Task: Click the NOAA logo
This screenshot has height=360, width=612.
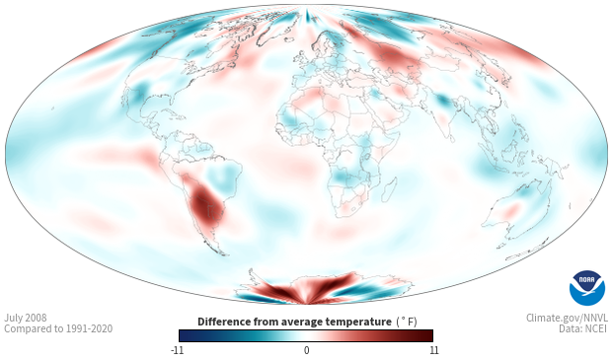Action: (587, 288)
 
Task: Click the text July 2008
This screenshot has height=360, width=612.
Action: (26, 318)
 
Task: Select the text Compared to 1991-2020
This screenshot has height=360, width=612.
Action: (58, 328)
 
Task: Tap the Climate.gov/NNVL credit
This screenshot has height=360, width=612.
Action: (567, 318)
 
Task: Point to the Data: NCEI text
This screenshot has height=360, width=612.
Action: (583, 328)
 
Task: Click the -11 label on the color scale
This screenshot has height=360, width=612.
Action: (178, 350)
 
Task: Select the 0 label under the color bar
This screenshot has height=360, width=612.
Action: (306, 350)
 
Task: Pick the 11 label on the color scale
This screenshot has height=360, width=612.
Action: (433, 350)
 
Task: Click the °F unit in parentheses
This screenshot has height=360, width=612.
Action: (407, 322)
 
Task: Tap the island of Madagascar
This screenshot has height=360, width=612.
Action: (389, 189)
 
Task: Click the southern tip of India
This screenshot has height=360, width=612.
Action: (451, 141)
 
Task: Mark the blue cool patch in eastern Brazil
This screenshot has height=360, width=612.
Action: (223, 177)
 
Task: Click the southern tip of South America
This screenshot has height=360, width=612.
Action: (223, 253)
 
